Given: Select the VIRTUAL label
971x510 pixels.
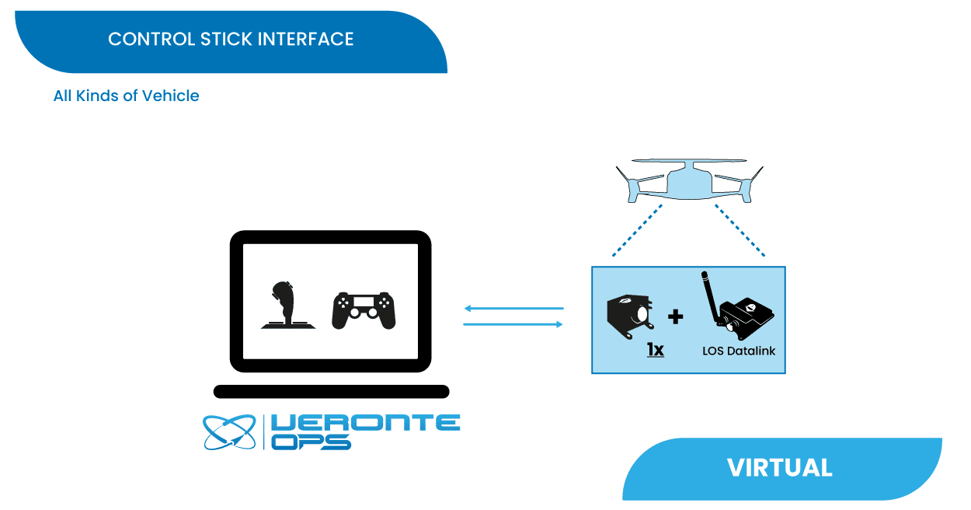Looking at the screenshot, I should tap(779, 468).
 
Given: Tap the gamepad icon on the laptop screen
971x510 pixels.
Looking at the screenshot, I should tap(364, 310).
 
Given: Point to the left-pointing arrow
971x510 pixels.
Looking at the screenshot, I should tap(513, 309).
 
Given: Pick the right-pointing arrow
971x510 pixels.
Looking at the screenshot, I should tap(513, 324).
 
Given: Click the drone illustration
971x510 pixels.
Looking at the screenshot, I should tap(689, 183).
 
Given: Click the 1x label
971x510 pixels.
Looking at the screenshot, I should tap(656, 350).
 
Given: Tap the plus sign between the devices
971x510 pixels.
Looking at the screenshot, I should tap(676, 316).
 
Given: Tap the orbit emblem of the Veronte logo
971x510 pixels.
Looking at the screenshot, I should tap(229, 432).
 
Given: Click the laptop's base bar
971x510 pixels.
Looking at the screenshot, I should tap(331, 391).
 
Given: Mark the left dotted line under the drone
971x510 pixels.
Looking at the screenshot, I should tap(637, 230).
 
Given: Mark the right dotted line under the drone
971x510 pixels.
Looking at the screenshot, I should tap(740, 230).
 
